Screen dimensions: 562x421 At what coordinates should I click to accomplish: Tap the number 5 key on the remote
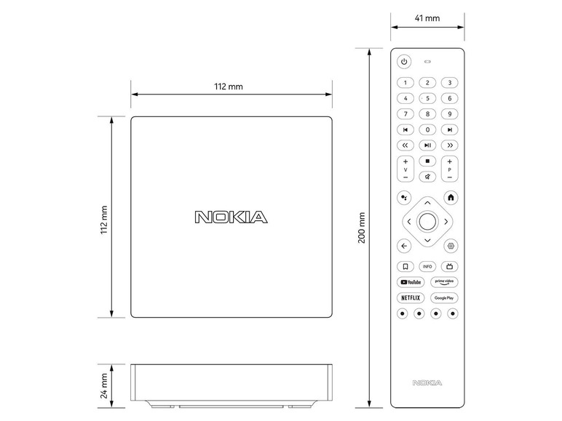[427, 98]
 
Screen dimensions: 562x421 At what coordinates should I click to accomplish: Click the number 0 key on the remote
[427, 129]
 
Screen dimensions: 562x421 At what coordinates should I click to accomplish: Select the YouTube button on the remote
[411, 282]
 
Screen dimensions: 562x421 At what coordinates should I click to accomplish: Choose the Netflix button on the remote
[411, 298]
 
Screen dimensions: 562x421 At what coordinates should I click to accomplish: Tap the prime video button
[444, 282]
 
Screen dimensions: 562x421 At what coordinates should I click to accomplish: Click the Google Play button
[444, 298]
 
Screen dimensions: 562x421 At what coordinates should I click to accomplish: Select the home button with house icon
[451, 198]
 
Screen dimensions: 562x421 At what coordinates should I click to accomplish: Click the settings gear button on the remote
[451, 246]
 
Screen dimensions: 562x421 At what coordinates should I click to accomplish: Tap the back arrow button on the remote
[404, 246]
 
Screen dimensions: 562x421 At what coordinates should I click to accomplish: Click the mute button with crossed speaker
[427, 177]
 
